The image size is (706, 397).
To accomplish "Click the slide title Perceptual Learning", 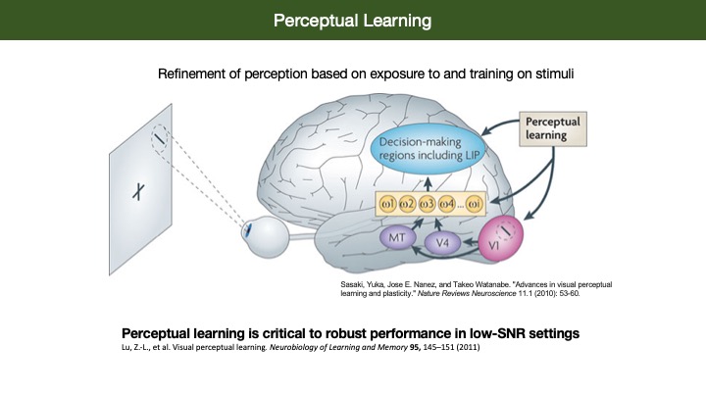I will (352, 20).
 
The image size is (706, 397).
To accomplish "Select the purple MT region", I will (394, 237).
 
